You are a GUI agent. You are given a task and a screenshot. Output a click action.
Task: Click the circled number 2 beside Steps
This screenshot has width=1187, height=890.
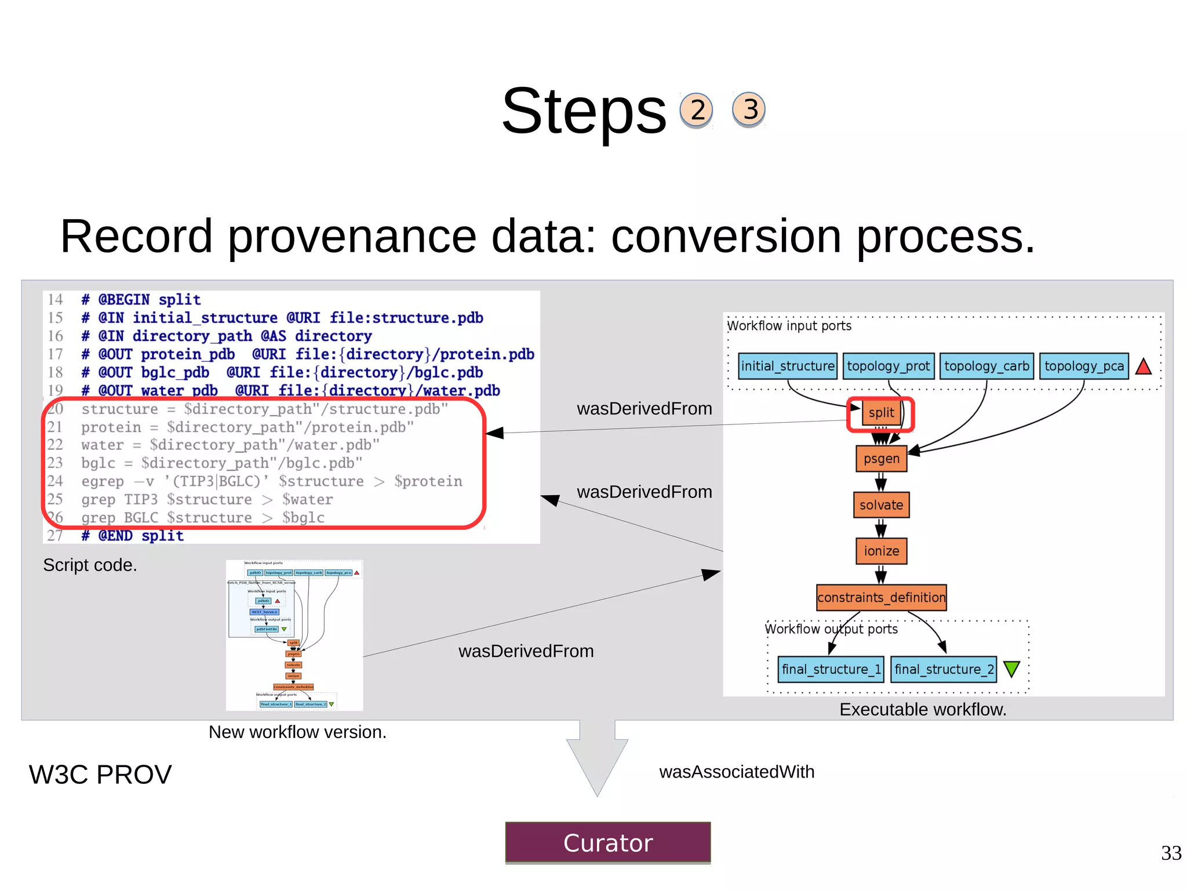pyautogui.click(x=696, y=110)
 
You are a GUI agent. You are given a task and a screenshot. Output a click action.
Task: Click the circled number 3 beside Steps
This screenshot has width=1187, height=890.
pyautogui.click(x=749, y=109)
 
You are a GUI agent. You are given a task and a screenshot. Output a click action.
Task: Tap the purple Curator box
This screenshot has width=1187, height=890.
pyautogui.click(x=607, y=842)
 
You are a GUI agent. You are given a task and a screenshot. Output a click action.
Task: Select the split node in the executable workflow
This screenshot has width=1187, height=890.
pyautogui.click(x=881, y=413)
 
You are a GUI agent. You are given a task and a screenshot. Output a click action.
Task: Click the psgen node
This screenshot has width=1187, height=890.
pyautogui.click(x=881, y=459)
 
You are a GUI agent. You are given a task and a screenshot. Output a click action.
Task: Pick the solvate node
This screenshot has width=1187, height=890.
pyautogui.click(x=881, y=505)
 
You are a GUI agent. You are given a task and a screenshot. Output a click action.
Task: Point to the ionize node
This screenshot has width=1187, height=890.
pyautogui.click(x=881, y=551)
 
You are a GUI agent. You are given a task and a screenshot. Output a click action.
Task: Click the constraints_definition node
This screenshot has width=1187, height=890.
pyautogui.click(x=881, y=597)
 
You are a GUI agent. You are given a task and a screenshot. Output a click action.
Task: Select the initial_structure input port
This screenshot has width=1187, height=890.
pyautogui.click(x=788, y=366)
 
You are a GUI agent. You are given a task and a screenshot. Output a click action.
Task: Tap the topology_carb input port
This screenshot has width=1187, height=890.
pyautogui.click(x=986, y=366)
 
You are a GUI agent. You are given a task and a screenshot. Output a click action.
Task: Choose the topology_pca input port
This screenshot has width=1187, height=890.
pyautogui.click(x=1084, y=366)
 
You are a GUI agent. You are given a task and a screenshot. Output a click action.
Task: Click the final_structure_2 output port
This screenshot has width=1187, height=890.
pyautogui.click(x=944, y=669)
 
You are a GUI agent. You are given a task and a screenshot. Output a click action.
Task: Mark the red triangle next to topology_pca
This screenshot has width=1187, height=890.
pyautogui.click(x=1144, y=366)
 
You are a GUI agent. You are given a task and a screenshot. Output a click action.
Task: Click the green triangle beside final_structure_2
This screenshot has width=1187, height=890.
pyautogui.click(x=1011, y=669)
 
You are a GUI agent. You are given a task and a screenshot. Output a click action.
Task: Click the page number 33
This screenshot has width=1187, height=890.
pyautogui.click(x=1171, y=853)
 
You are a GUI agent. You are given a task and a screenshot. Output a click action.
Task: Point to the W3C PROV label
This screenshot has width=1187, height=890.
pyautogui.click(x=100, y=775)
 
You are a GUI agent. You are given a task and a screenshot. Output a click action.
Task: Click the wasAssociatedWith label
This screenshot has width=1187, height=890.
pyautogui.click(x=737, y=772)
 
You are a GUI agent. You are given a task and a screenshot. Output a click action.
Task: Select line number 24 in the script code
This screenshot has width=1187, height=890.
pyautogui.click(x=55, y=481)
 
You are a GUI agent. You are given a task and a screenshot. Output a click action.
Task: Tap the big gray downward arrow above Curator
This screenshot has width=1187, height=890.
pyautogui.click(x=597, y=760)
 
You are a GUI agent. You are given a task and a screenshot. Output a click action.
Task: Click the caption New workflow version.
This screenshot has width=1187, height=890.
pyautogui.click(x=297, y=732)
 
